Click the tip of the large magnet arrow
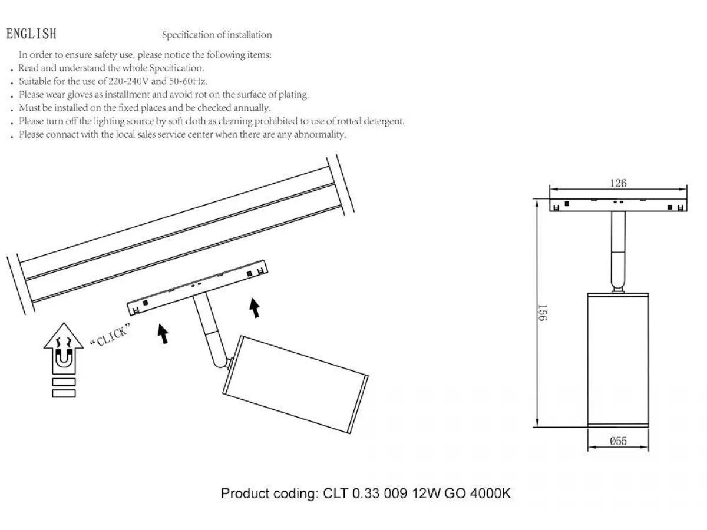tap(64, 323)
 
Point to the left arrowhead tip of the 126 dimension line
tap(550, 189)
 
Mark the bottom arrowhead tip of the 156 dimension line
tap(537, 427)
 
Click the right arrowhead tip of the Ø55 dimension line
tap(649, 447)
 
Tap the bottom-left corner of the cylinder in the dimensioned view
tap(588, 427)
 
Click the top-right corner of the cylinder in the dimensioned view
tap(649, 293)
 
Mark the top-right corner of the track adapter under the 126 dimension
tap(687, 200)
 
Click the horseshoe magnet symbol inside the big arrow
tap(64, 359)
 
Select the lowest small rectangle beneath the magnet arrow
tap(64, 393)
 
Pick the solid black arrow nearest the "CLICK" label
tap(163, 334)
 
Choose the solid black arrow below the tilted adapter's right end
tap(255, 308)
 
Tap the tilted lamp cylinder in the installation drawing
tap(295, 385)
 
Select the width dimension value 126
tap(618, 183)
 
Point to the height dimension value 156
tap(543, 313)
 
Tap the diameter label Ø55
tap(618, 441)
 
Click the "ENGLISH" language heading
tap(31, 34)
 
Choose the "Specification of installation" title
tap(217, 35)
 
